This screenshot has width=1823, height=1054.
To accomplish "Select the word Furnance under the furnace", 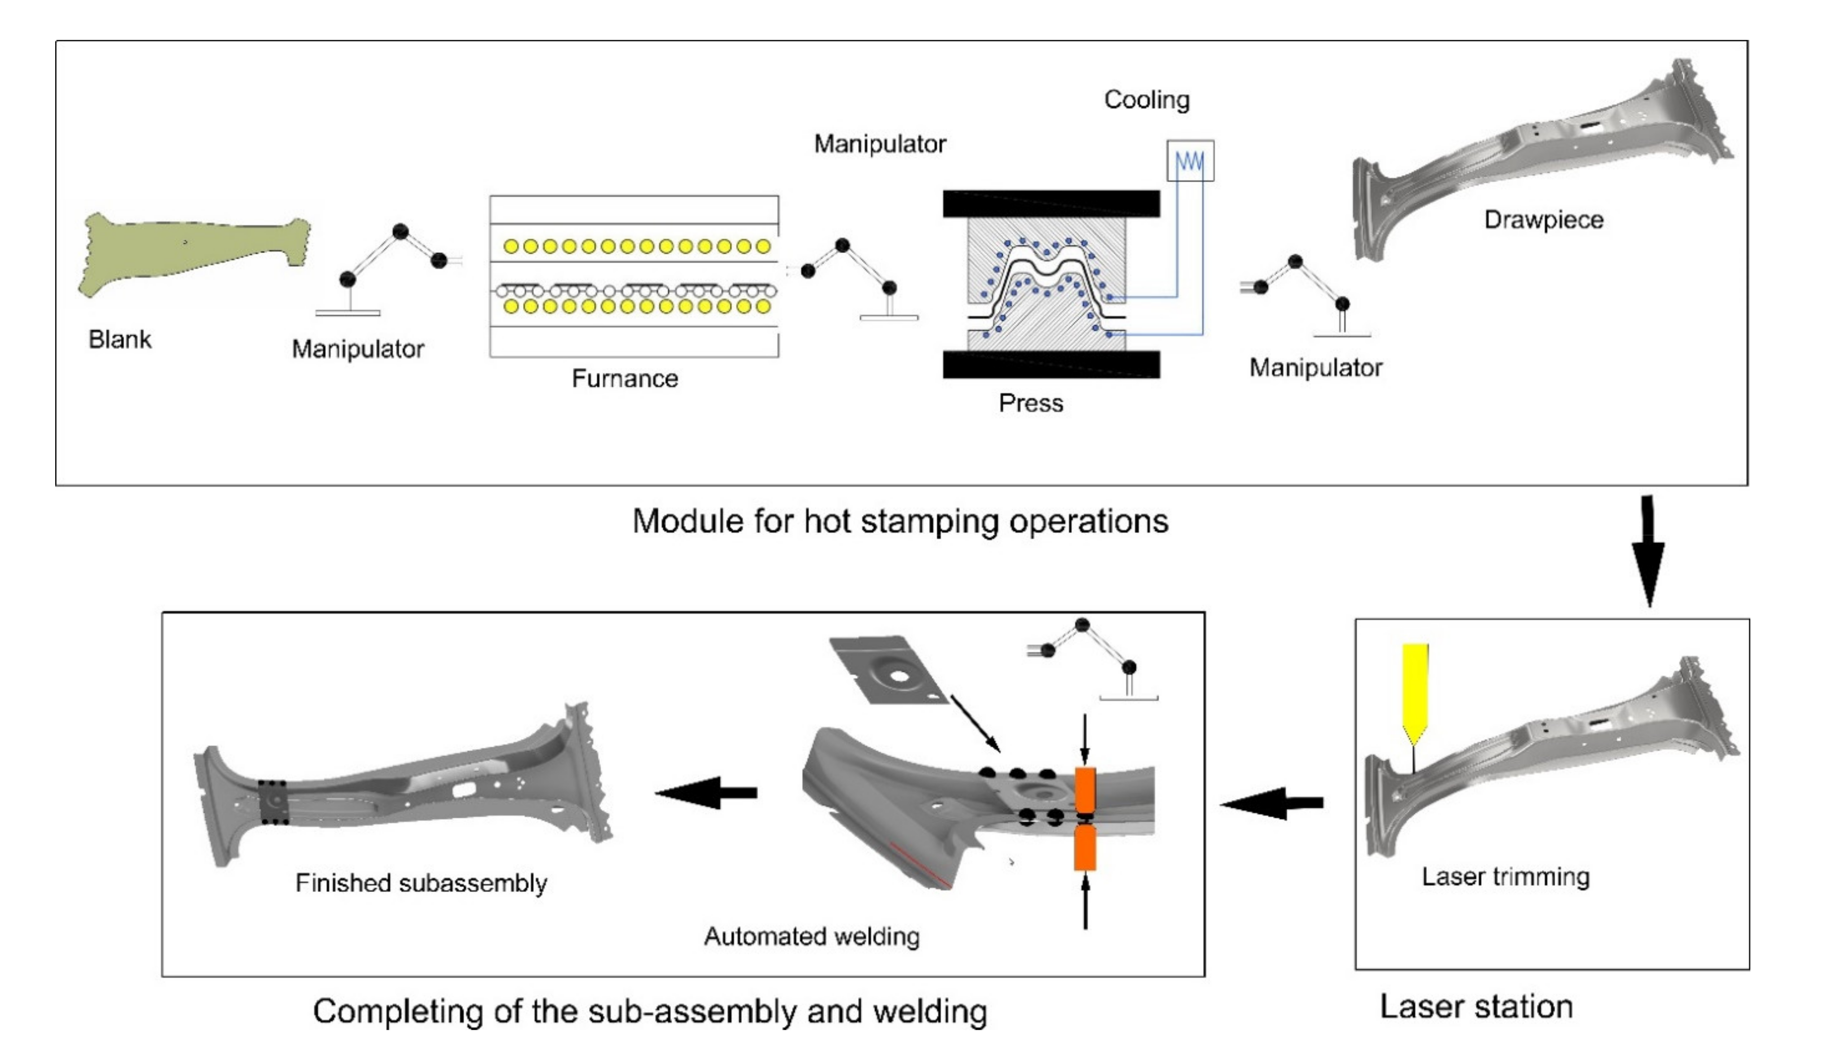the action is tap(625, 378).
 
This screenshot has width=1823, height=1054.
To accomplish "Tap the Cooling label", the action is tap(1147, 100).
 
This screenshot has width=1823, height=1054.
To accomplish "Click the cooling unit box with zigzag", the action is tap(1190, 161).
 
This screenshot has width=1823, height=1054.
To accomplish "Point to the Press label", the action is tap(1031, 403).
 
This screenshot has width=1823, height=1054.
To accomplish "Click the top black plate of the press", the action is tap(1051, 203).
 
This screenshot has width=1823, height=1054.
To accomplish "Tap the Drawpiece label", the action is tap(1544, 219).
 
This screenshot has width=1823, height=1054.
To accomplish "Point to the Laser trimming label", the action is tap(1505, 877).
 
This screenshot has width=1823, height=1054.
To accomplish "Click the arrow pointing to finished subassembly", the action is tap(706, 793).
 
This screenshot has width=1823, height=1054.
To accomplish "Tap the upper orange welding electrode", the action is tap(1085, 791).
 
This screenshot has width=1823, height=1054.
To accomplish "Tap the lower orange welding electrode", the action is tap(1085, 848).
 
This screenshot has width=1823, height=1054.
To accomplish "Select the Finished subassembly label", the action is tap(421, 883).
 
